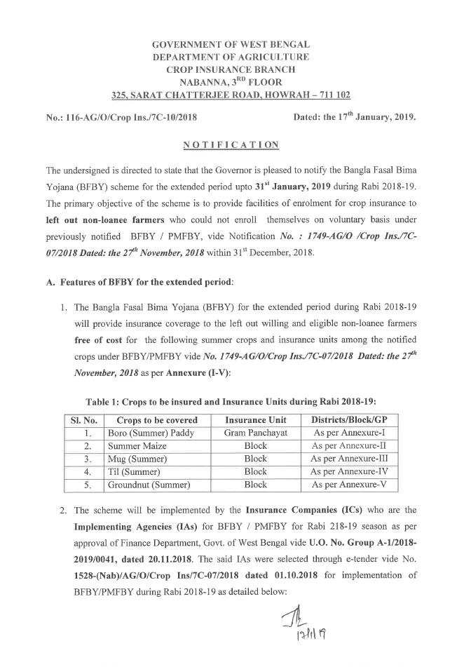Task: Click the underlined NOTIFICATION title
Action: pos(231,144)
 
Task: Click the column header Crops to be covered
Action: pos(157,419)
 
